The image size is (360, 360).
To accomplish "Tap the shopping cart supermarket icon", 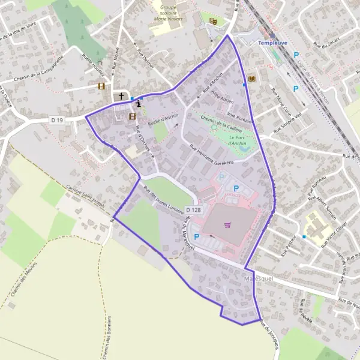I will point(227,226).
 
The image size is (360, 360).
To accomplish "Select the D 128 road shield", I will point(193,209).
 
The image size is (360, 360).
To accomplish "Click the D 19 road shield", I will point(57,120).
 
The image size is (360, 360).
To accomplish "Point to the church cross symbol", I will point(121,96).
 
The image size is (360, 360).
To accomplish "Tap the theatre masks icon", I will point(212,21).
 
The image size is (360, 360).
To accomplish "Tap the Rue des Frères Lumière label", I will point(163,196).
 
